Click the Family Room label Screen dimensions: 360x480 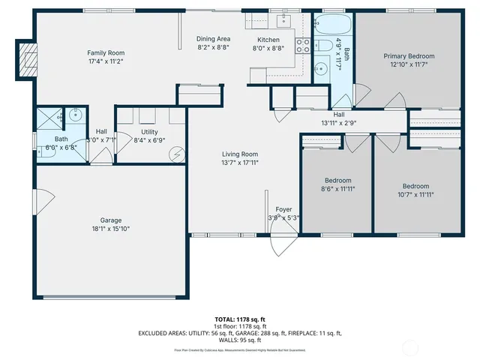[x=106, y=53]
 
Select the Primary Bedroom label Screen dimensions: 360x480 [x=409, y=56]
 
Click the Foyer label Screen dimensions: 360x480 [x=283, y=209]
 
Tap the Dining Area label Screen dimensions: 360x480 [x=213, y=39]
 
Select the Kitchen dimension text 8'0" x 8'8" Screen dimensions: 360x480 [x=268, y=48]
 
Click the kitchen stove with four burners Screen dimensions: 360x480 [x=304, y=45]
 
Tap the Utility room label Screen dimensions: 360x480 [x=148, y=131]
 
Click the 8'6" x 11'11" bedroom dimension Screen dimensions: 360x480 [x=337, y=189]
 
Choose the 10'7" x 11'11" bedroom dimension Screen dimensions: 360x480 [x=415, y=194]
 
